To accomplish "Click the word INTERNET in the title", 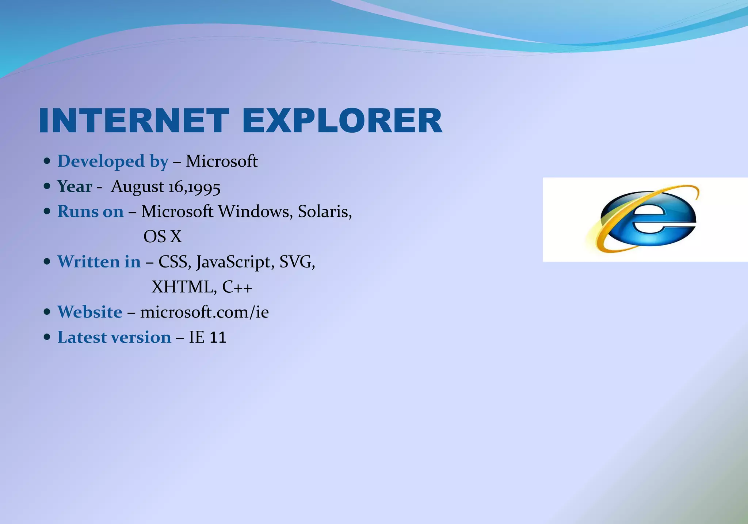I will tap(134, 121).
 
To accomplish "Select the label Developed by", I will tap(113, 161).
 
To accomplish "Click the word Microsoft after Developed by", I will tap(222, 161).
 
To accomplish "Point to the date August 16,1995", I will tap(165, 187).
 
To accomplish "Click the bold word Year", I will tap(75, 186).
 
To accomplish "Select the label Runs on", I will tap(90, 212).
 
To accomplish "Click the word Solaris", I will tap(324, 212).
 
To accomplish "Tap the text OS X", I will tap(163, 236).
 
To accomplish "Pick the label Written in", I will tap(99, 262).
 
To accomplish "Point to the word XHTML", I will tap(182, 287).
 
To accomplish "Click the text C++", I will tap(237, 287).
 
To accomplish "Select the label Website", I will tap(90, 312).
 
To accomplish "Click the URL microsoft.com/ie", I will tap(204, 312).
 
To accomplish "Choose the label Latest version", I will tap(114, 337).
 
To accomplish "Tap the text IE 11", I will tap(207, 337).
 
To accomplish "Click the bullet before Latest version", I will tap(47, 337).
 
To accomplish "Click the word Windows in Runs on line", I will tap(255, 212).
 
